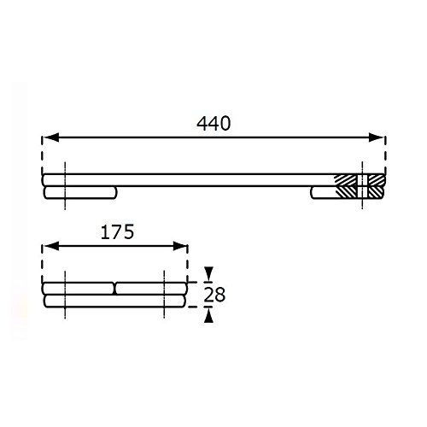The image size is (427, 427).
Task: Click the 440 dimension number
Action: coord(213,124)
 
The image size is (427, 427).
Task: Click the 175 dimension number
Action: coord(117,232)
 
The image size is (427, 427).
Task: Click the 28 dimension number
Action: coord(214,295)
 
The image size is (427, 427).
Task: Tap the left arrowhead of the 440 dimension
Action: coord(52,137)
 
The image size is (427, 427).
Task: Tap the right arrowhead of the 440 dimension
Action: coord(377,137)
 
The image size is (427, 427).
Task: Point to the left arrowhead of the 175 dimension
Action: coord(52,246)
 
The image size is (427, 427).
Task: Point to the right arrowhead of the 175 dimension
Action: coord(180,246)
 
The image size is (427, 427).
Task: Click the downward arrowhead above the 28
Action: coord(209,273)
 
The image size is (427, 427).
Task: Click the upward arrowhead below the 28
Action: coord(209,316)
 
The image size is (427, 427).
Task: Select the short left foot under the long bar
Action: coord(80,193)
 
